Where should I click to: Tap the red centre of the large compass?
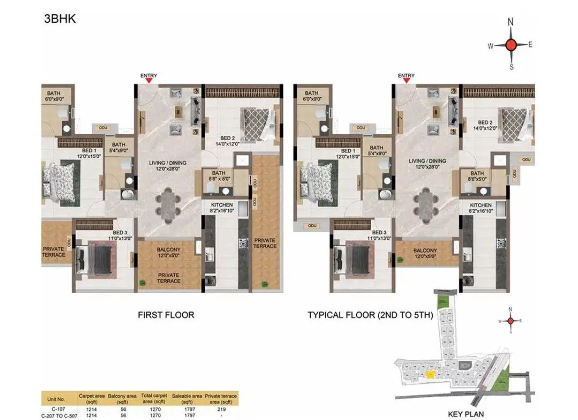511,45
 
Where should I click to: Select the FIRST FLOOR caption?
166,315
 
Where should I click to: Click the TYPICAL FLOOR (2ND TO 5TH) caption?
369,315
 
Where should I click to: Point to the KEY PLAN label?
465,414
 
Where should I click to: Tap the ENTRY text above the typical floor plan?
406,76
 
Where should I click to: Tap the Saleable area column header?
187,398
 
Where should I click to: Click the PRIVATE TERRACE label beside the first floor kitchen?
265,243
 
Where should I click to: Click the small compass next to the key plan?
511,320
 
